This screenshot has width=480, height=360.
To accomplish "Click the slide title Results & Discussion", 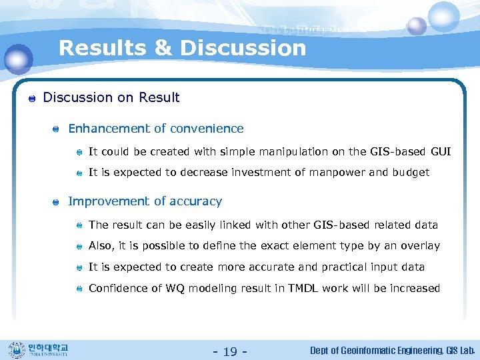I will click(182, 48).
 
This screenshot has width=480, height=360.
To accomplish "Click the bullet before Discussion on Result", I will click(31, 99).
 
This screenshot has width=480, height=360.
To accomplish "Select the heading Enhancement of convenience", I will click(156, 129).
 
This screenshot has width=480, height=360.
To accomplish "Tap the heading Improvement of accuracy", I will click(145, 201).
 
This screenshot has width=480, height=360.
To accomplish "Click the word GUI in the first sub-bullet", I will click(441, 152).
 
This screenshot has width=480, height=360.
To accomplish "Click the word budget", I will click(410, 173).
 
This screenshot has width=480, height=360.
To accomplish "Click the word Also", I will click(101, 246).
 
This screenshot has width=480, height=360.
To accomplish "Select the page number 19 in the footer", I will click(230, 351).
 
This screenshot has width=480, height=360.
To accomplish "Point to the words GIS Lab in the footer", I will click(460, 351).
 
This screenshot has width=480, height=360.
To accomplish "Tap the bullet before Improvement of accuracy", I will click(57, 202).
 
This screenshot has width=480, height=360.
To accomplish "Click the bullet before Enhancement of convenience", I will click(57, 129).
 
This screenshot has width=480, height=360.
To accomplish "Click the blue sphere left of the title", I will click(18, 59).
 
